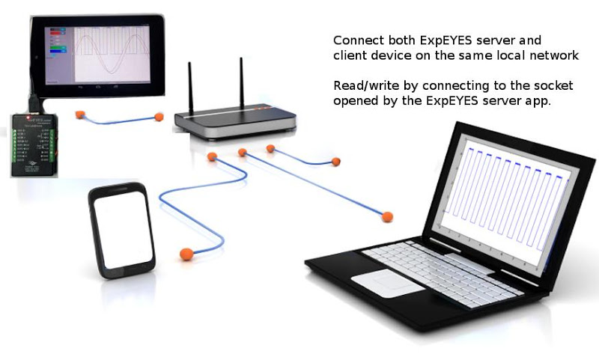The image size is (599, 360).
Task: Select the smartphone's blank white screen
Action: pyautogui.click(x=122, y=233)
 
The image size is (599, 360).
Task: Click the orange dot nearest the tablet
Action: pyautogui.click(x=79, y=115)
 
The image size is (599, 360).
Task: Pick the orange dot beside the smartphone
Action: pyautogui.click(x=184, y=254)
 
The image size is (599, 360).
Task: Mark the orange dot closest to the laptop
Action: pyautogui.click(x=387, y=217)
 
